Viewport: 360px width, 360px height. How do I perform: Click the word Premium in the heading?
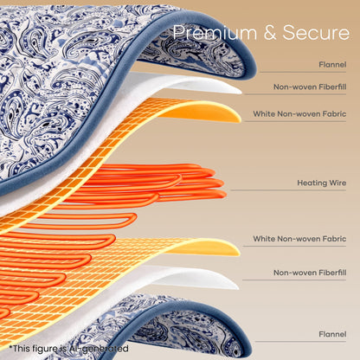(215, 32)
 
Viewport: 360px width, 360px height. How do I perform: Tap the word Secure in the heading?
(316, 32)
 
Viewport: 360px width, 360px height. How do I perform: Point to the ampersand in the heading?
(270, 33)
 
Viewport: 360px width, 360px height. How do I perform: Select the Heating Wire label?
(322, 183)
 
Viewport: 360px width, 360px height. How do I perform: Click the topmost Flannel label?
(332, 64)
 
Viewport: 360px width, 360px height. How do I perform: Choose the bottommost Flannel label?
(332, 334)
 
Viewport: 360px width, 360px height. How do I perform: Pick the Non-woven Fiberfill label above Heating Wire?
(310, 87)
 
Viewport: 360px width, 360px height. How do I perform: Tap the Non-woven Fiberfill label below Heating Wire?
(310, 273)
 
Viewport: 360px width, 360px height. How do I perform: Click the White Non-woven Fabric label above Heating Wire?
(299, 114)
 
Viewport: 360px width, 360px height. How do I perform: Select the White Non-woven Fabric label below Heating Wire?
(299, 239)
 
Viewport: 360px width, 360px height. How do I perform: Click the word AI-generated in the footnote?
(99, 349)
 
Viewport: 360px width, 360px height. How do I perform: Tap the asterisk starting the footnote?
(10, 347)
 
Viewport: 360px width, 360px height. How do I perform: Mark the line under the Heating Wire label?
(288, 190)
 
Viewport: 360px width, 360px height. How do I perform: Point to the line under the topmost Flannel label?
(303, 72)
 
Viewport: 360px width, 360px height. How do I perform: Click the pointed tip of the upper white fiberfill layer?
(241, 92)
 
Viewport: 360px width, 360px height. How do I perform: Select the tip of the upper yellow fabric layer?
(240, 119)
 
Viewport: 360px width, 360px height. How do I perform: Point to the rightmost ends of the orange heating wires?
(222, 183)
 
